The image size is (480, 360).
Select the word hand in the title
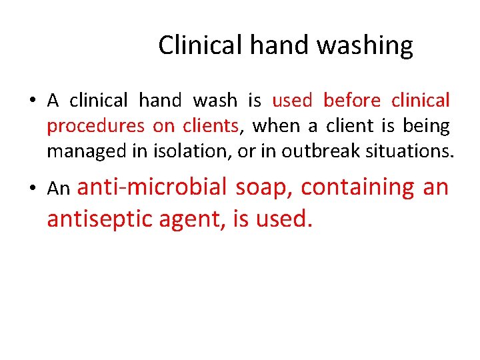pyautogui.click(x=281, y=45)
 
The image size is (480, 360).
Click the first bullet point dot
pyautogui.click(x=31, y=101)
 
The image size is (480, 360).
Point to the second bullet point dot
pyautogui.click(x=31, y=189)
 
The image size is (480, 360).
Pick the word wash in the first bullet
pyautogui.click(x=215, y=101)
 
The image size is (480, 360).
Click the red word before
pyautogui.click(x=351, y=101)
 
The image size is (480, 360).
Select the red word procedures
pyautogui.click(x=95, y=126)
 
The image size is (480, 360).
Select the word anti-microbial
pyautogui.click(x=153, y=187)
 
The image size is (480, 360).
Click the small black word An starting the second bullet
pyautogui.click(x=59, y=189)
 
